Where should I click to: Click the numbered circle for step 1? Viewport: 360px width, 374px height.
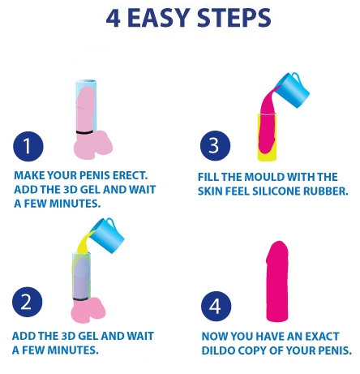(28, 146)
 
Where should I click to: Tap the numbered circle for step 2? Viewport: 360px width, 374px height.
(28, 302)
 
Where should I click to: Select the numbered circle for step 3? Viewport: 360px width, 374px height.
(215, 146)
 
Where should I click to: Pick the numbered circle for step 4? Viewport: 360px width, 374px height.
(216, 306)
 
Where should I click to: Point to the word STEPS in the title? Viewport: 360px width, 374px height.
(234, 18)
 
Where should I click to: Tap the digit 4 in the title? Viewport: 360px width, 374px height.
(114, 19)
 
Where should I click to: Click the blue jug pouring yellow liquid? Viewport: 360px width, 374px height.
(107, 234)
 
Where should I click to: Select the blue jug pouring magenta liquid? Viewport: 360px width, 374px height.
(292, 90)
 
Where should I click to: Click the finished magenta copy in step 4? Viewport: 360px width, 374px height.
(277, 282)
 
